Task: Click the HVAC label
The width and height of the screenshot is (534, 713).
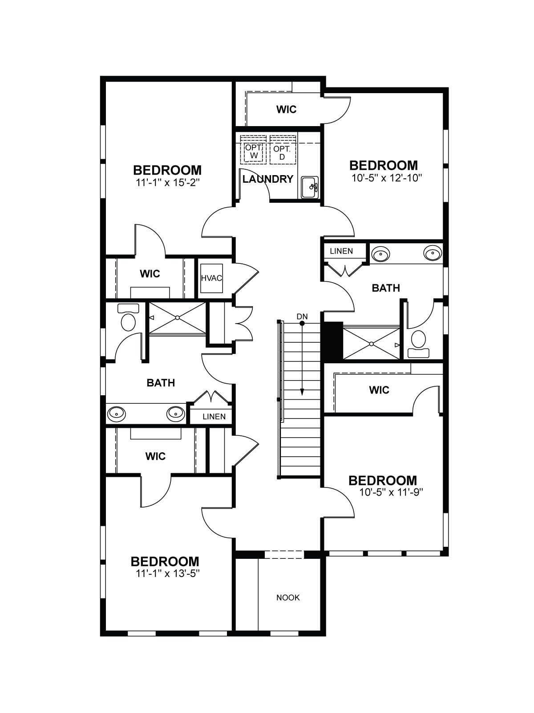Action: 211,278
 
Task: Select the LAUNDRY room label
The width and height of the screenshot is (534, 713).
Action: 268,179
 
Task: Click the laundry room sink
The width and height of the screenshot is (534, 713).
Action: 310,187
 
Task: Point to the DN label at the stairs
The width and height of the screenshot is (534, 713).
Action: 302,316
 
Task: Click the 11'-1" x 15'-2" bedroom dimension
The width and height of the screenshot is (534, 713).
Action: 167,183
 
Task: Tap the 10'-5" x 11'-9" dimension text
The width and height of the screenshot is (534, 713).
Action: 391,492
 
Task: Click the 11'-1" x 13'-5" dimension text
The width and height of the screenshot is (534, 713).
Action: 167,574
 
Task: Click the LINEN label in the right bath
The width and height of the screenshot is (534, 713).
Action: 341,251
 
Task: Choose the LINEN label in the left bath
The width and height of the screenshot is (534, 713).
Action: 214,416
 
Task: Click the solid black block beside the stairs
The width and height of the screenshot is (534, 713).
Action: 332,340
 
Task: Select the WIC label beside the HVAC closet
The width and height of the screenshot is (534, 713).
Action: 150,274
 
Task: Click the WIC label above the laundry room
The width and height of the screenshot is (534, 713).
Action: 286,110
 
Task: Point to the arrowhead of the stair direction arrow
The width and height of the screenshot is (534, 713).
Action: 302,393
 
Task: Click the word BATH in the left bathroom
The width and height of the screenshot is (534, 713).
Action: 161,383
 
